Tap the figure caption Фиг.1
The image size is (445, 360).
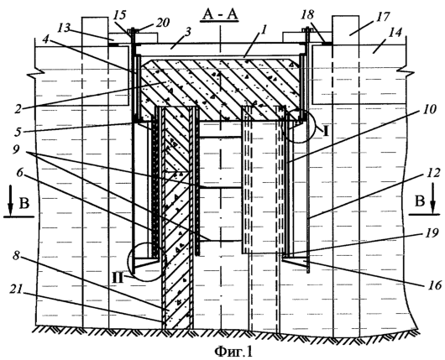point(233,352)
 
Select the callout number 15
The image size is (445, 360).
point(121,15)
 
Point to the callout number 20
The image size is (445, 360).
point(162,22)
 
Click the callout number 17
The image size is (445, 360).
point(383,17)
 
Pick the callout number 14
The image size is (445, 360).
point(395,33)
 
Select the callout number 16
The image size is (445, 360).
point(434,284)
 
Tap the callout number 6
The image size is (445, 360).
point(19,173)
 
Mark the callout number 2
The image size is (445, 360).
point(18,109)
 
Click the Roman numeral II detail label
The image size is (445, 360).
point(118,279)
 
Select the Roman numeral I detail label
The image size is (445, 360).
point(326,132)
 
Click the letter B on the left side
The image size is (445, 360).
point(24,203)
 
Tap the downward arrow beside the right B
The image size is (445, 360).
point(432,200)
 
